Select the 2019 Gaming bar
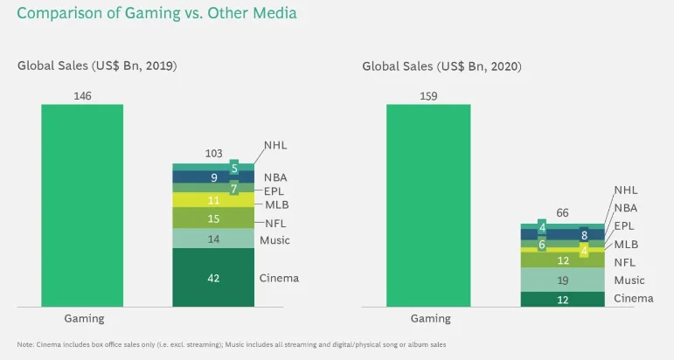[82, 205]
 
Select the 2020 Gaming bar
[428, 205]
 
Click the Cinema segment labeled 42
[213, 278]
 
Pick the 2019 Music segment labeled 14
[213, 238]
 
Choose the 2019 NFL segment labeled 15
[213, 218]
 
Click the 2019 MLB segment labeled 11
[213, 199]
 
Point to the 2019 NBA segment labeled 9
[213, 177]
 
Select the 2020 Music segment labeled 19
[562, 280]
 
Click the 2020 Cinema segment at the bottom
[562, 300]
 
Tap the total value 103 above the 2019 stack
[213, 153]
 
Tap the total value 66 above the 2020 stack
[562, 212]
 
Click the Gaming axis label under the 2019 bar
[84, 319]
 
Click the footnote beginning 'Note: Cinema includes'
[232, 344]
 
